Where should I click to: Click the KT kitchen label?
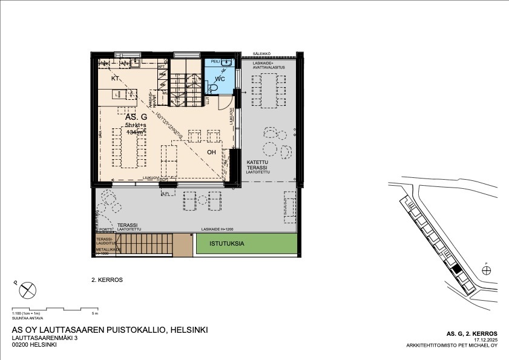coord(115,79)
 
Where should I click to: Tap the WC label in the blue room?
coord(220,79)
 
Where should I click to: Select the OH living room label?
coord(212,152)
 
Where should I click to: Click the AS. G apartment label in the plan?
coord(136,116)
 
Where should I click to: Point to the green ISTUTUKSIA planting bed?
coord(247,243)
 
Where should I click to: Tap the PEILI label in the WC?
coord(215,62)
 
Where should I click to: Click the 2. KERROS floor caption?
coord(107,280)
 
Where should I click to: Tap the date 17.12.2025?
coord(485,340)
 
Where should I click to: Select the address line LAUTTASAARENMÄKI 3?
coord(45,338)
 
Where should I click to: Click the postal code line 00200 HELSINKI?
coord(34,345)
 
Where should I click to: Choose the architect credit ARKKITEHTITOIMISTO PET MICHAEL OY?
coord(452,346)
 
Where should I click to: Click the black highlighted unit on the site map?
coord(457,268)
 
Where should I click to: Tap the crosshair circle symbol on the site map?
coord(487,270)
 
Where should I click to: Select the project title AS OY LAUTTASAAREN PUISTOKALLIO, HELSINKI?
coord(110,330)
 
